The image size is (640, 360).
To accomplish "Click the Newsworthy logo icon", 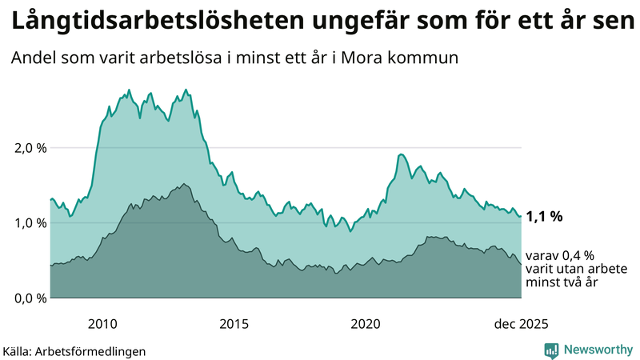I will coord(551,350).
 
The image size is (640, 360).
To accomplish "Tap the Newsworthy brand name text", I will coord(597,350).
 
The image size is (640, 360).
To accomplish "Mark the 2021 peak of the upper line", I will coord(401,154).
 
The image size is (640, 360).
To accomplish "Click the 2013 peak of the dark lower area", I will coord(183,184).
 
